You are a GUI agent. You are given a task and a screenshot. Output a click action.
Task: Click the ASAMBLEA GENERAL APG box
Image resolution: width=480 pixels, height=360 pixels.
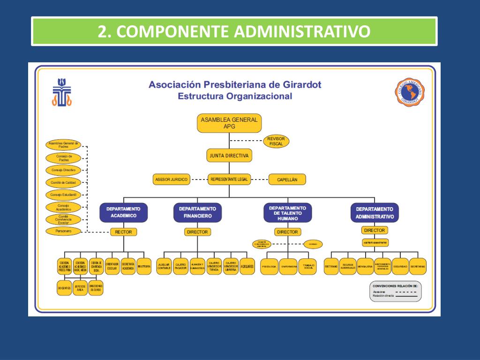(229, 123)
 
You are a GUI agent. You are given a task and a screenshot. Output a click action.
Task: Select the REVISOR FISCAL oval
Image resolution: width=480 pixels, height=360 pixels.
(276, 141)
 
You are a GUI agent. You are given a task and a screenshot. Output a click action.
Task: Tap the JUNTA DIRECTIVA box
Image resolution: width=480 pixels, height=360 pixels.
(229, 156)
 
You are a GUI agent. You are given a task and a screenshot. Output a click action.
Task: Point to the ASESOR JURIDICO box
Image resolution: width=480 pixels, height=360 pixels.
(171, 179)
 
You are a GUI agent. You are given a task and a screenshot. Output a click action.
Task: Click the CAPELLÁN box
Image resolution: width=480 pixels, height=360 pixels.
(287, 179)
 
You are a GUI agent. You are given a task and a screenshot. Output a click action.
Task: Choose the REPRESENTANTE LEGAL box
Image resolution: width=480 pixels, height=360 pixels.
(229, 179)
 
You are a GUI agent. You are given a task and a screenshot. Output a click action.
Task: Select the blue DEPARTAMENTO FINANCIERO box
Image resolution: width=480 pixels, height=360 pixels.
(197, 212)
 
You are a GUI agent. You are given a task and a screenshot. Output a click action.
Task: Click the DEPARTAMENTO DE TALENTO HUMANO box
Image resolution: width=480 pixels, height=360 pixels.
(287, 212)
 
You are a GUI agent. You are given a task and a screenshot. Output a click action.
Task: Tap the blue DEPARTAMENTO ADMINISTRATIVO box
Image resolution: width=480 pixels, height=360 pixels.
(375, 212)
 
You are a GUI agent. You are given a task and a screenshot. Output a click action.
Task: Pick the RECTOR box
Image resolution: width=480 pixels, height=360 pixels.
(124, 232)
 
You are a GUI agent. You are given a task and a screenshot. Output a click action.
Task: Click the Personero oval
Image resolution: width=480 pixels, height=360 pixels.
(63, 231)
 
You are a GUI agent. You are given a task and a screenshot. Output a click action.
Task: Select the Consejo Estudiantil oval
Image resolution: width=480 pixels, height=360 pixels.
(63, 194)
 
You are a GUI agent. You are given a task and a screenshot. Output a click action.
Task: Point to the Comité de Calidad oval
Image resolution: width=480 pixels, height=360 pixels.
(63, 182)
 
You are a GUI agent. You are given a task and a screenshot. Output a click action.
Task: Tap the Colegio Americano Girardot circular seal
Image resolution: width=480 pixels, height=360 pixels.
(411, 92)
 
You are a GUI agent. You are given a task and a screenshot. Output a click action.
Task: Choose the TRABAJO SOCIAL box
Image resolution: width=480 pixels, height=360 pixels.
(308, 266)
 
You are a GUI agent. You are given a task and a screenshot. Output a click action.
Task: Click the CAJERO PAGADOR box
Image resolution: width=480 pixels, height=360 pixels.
(181, 266)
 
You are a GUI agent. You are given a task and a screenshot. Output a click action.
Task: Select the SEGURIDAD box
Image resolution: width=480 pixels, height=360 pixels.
(400, 266)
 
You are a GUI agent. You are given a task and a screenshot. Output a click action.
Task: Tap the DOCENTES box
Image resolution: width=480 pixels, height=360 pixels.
(64, 288)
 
